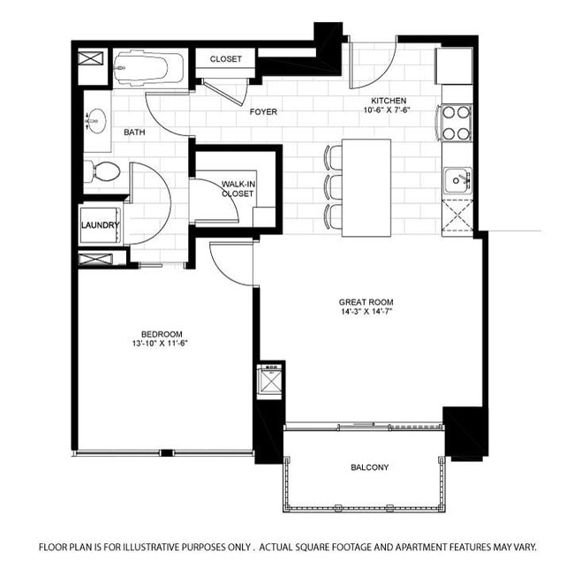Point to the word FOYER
point(263,112)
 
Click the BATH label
point(134,133)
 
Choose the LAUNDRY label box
point(100,225)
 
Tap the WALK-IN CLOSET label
point(238,187)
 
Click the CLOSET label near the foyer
point(225,59)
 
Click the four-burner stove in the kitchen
point(456,123)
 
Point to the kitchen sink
point(457,180)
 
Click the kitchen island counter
point(366,187)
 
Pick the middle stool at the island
point(334,186)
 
